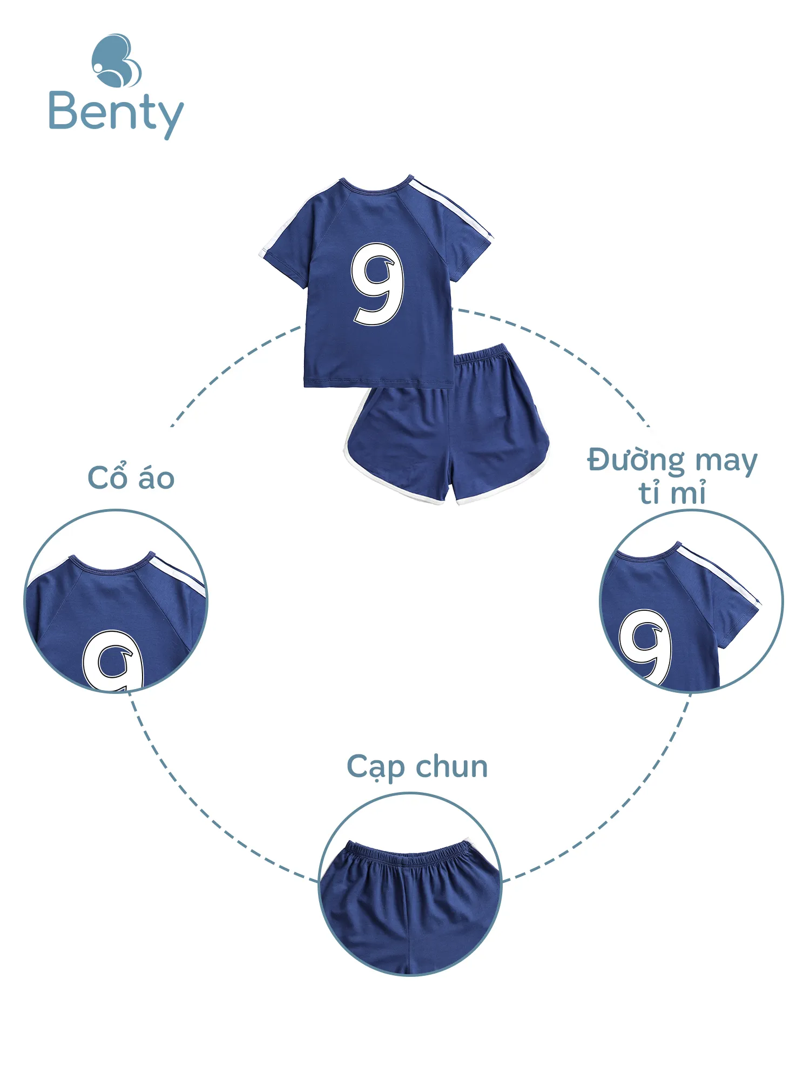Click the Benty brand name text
(x=116, y=112)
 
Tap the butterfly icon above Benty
(x=116, y=60)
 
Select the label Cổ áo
(x=131, y=477)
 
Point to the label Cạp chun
(x=417, y=767)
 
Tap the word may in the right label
(x=726, y=462)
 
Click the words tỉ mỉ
(x=672, y=493)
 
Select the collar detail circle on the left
(x=116, y=601)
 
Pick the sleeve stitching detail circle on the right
(x=691, y=601)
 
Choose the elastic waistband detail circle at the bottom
(x=410, y=884)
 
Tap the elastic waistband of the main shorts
(x=481, y=356)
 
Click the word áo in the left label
(x=157, y=478)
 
